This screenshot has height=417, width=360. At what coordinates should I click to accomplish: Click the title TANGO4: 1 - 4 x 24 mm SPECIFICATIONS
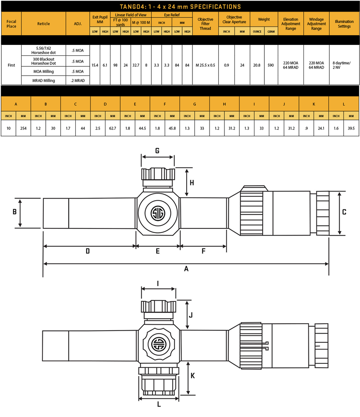180,7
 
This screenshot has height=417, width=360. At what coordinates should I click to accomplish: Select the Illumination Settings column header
344,24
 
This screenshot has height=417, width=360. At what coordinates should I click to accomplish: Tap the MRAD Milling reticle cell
44,80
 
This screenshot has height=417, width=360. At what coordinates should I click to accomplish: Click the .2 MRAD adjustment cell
78,80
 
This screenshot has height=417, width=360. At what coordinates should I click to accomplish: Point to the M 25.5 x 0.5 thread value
205,65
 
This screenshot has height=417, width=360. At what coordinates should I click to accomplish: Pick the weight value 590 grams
271,65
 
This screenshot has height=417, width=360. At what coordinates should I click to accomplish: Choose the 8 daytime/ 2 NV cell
342,65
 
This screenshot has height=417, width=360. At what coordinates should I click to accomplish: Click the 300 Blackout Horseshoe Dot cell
44,61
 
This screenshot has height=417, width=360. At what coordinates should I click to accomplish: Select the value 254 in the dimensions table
23,128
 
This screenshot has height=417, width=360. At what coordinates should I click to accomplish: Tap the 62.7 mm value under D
113,128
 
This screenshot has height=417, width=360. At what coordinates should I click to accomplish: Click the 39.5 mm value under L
351,128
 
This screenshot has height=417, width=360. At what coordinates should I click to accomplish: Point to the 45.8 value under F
172,128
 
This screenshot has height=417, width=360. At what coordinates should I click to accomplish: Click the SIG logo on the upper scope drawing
158,213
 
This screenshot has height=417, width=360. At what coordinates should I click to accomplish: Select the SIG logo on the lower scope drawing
158,344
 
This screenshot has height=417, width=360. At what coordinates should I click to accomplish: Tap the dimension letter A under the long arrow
186,269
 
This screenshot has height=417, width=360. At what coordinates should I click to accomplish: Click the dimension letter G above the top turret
158,151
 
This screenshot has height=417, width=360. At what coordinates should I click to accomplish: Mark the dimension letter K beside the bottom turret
193,375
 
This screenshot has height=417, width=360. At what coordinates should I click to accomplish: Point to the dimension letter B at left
15,212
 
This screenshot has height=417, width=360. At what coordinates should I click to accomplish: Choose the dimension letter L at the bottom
159,405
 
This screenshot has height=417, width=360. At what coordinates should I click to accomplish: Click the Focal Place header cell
12,24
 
